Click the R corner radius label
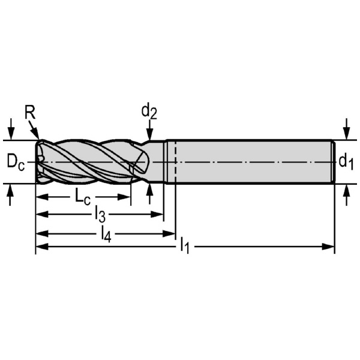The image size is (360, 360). pyautogui.click(x=30, y=113)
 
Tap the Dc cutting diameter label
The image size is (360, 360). pyautogui.click(x=16, y=162)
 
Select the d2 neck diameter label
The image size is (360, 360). pyautogui.click(x=149, y=112)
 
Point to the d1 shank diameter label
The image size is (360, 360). pyautogui.click(x=346, y=162)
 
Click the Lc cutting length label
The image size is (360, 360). pyautogui.click(x=83, y=197)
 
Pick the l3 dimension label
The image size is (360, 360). pyautogui.click(x=100, y=215)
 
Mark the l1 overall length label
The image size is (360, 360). pyautogui.click(x=185, y=245)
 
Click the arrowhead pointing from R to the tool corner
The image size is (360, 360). pyautogui.click(x=36, y=133)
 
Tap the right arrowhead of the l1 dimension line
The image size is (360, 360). pyautogui.click(x=328, y=247)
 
